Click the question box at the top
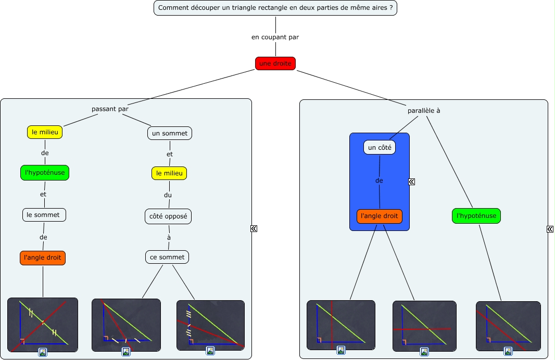(275, 8)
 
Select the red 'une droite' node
(275, 63)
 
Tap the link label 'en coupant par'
(275, 37)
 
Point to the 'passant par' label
(110, 109)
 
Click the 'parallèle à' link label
(424, 110)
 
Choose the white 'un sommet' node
(170, 133)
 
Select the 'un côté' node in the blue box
(379, 148)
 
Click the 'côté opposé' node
(168, 216)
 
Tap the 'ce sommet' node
(167, 257)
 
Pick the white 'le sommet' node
(44, 214)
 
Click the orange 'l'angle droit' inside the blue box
(380, 216)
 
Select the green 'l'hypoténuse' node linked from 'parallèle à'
(476, 216)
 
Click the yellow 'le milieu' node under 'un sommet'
(169, 173)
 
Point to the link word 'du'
(168, 195)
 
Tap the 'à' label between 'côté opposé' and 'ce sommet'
(169, 237)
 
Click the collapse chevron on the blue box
(411, 182)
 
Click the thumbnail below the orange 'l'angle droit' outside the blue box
(43, 325)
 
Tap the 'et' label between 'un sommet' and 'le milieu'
(170, 154)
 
